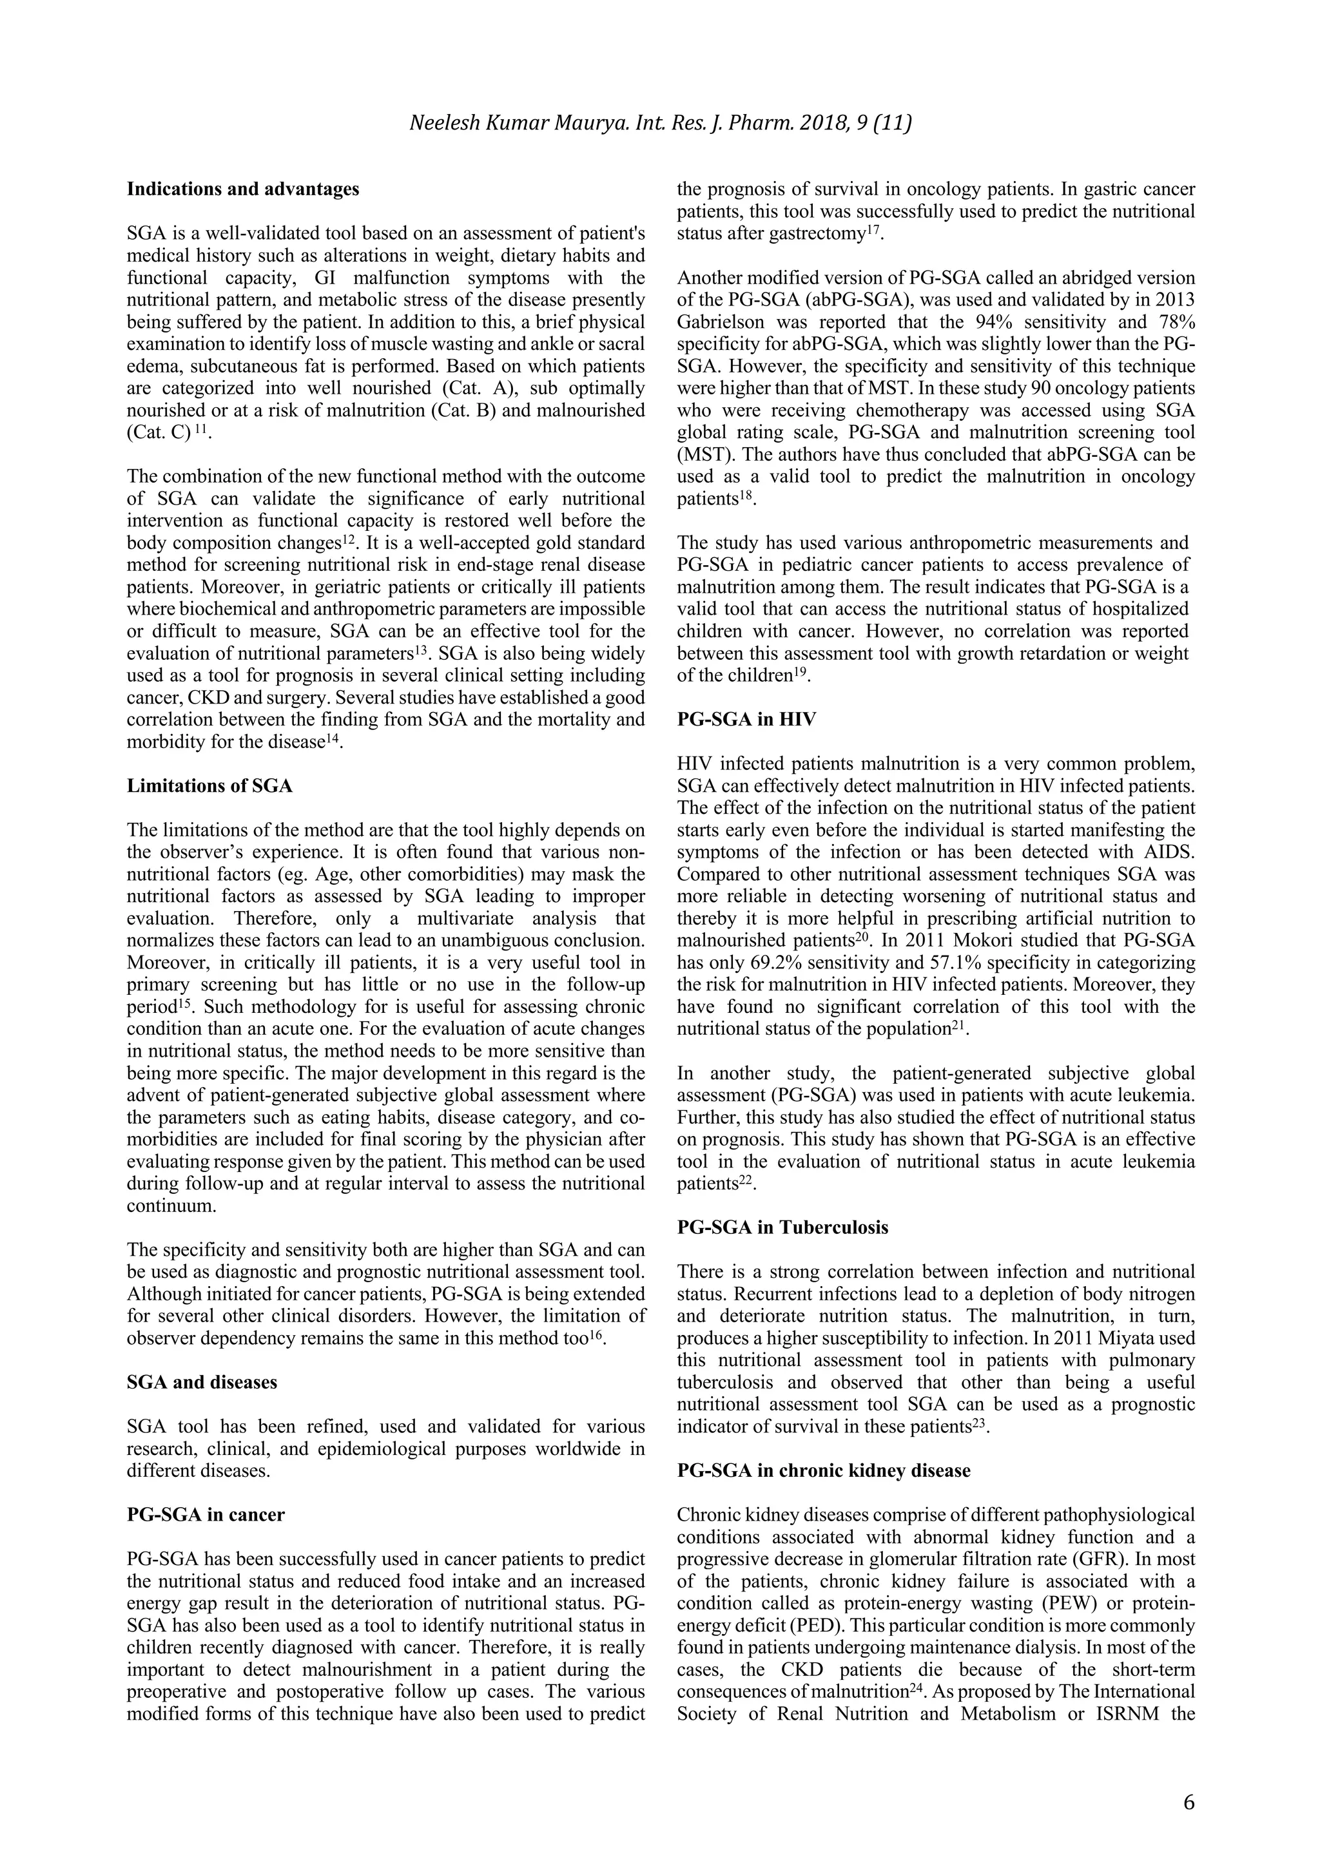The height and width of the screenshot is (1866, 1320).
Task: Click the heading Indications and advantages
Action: pyautogui.click(x=242, y=189)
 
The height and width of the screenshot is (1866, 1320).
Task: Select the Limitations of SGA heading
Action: pyautogui.click(x=209, y=786)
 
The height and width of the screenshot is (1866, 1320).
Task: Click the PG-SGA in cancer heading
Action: pyautogui.click(x=206, y=1515)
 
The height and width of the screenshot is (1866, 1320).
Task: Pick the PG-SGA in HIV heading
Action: pyautogui.click(x=746, y=719)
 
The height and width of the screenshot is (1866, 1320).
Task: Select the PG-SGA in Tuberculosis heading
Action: pyautogui.click(x=782, y=1227)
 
